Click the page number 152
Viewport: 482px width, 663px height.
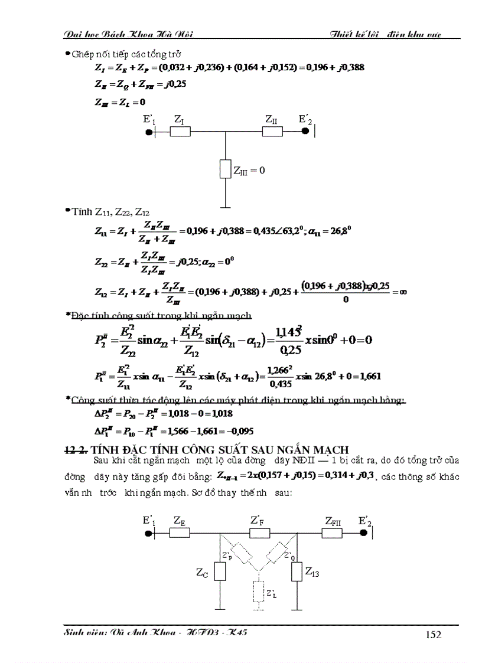[433, 635]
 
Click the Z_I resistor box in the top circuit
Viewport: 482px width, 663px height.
[180, 131]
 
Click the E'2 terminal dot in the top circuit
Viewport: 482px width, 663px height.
[305, 131]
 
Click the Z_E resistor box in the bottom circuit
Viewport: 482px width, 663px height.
[180, 533]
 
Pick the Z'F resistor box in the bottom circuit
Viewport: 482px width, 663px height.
[259, 533]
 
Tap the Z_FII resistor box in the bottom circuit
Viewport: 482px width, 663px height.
[333, 533]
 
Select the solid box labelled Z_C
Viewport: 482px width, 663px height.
[220, 571]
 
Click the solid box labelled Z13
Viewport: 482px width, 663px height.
[297, 571]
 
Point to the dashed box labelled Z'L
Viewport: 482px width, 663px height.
[258, 593]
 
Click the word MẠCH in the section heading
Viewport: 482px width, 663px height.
[336, 448]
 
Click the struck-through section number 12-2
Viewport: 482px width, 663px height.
[78, 448]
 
